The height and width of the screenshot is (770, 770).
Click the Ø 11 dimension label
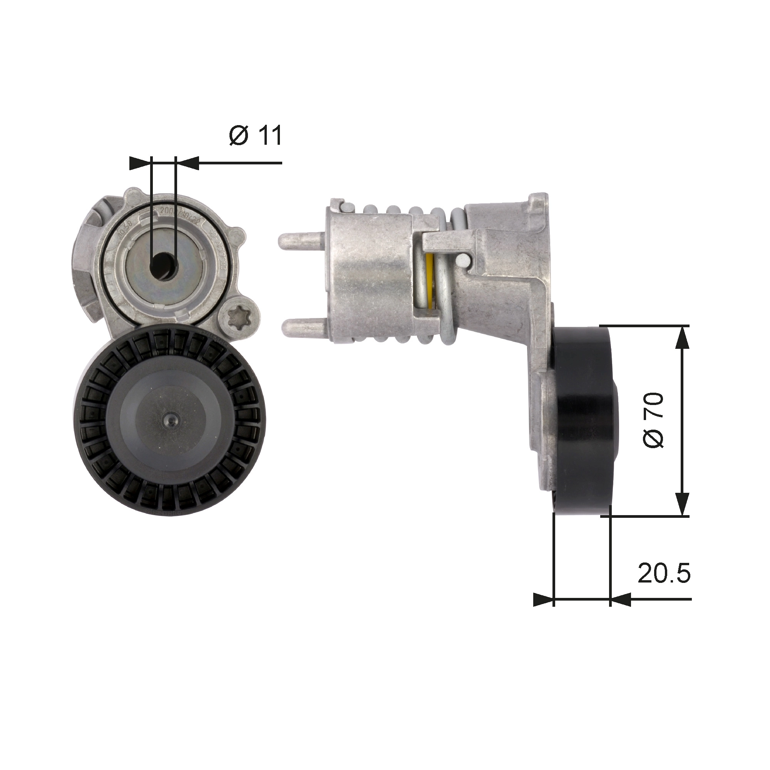(256, 136)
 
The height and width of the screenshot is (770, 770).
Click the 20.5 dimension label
(664, 573)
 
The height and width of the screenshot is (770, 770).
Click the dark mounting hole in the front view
(163, 265)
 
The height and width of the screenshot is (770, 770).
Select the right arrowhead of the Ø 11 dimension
(187, 163)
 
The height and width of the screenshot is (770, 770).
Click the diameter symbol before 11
(239, 136)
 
